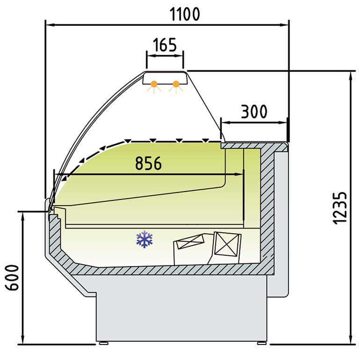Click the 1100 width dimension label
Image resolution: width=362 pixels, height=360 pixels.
185,15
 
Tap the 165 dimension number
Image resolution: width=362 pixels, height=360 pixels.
165,45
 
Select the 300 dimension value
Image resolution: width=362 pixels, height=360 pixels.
254,111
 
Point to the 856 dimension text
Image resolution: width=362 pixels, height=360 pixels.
148,163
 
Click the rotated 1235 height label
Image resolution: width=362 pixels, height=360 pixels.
340,208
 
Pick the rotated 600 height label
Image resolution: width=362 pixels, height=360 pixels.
12,278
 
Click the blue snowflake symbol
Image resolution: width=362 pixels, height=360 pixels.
145,239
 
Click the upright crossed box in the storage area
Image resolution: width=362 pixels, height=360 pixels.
227,244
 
